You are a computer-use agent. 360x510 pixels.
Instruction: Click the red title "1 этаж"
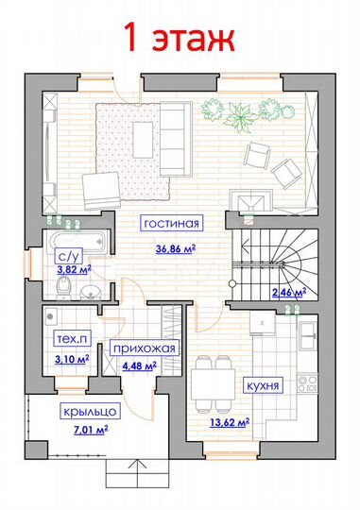click(x=179, y=37)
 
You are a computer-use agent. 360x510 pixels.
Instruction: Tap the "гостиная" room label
click(x=172, y=223)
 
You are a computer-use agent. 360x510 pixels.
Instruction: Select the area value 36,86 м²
click(x=176, y=249)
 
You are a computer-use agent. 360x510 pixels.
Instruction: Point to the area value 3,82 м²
click(x=74, y=269)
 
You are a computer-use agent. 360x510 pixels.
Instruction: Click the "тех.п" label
click(x=72, y=339)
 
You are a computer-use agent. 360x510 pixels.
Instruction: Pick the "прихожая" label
click(x=145, y=348)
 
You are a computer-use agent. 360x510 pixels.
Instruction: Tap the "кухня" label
click(x=263, y=385)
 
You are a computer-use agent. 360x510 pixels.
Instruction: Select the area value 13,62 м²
click(x=230, y=423)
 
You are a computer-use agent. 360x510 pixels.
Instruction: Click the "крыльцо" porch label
click(x=90, y=412)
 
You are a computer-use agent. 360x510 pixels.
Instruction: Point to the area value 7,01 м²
click(x=91, y=431)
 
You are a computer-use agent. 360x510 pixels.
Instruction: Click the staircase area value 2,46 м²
click(x=289, y=293)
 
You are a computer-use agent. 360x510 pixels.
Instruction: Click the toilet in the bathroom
click(x=65, y=286)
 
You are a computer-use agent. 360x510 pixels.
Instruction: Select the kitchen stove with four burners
click(x=307, y=383)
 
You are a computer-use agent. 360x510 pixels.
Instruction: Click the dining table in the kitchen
click(x=213, y=384)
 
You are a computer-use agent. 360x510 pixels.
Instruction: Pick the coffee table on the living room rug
click(x=143, y=140)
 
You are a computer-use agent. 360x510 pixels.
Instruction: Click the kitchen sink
click(x=308, y=336)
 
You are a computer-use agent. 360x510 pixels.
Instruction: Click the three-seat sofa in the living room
click(x=176, y=139)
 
